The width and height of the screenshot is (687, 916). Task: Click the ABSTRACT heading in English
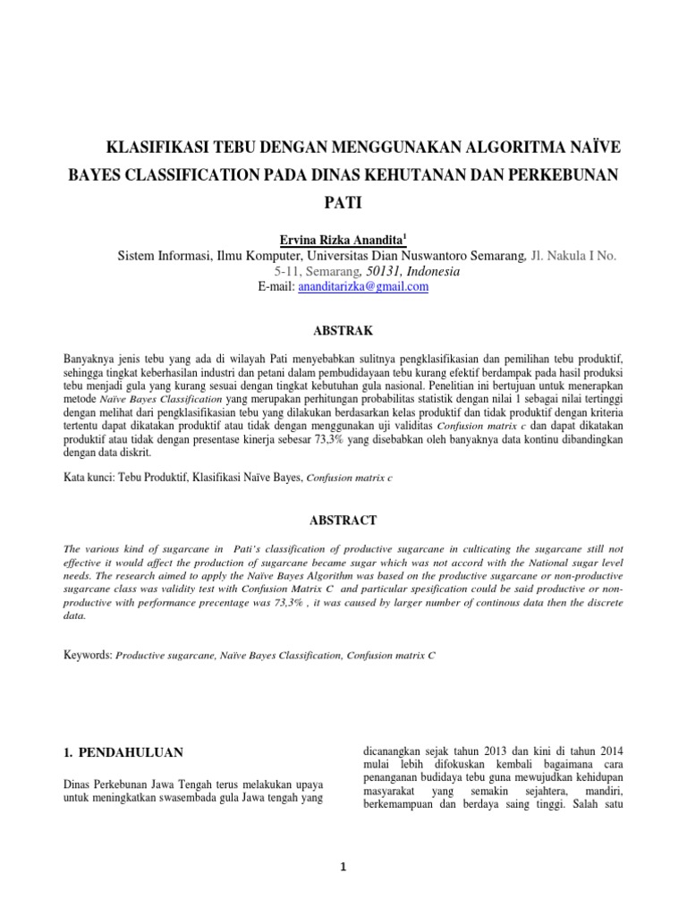pyautogui.click(x=344, y=520)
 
